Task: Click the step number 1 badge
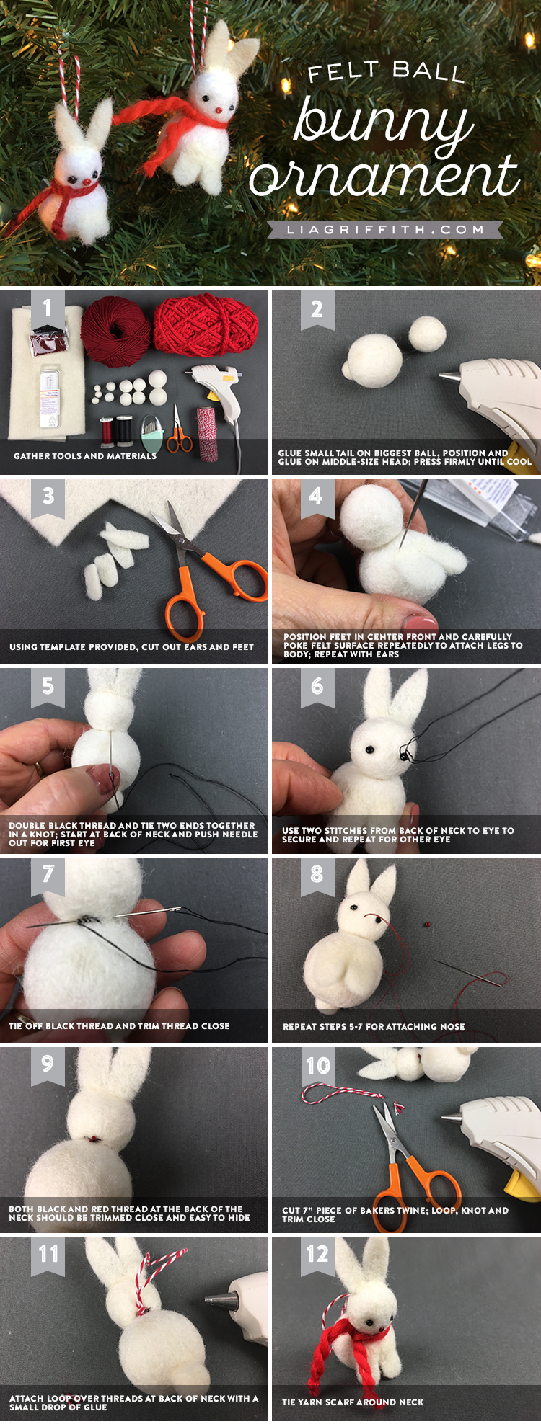click(x=48, y=308)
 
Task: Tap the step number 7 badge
click(x=48, y=874)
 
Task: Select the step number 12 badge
click(x=317, y=1255)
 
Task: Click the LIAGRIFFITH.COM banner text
click(x=385, y=230)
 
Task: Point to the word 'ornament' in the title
click(x=384, y=177)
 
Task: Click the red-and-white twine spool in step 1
click(x=207, y=431)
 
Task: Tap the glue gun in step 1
click(x=216, y=393)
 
